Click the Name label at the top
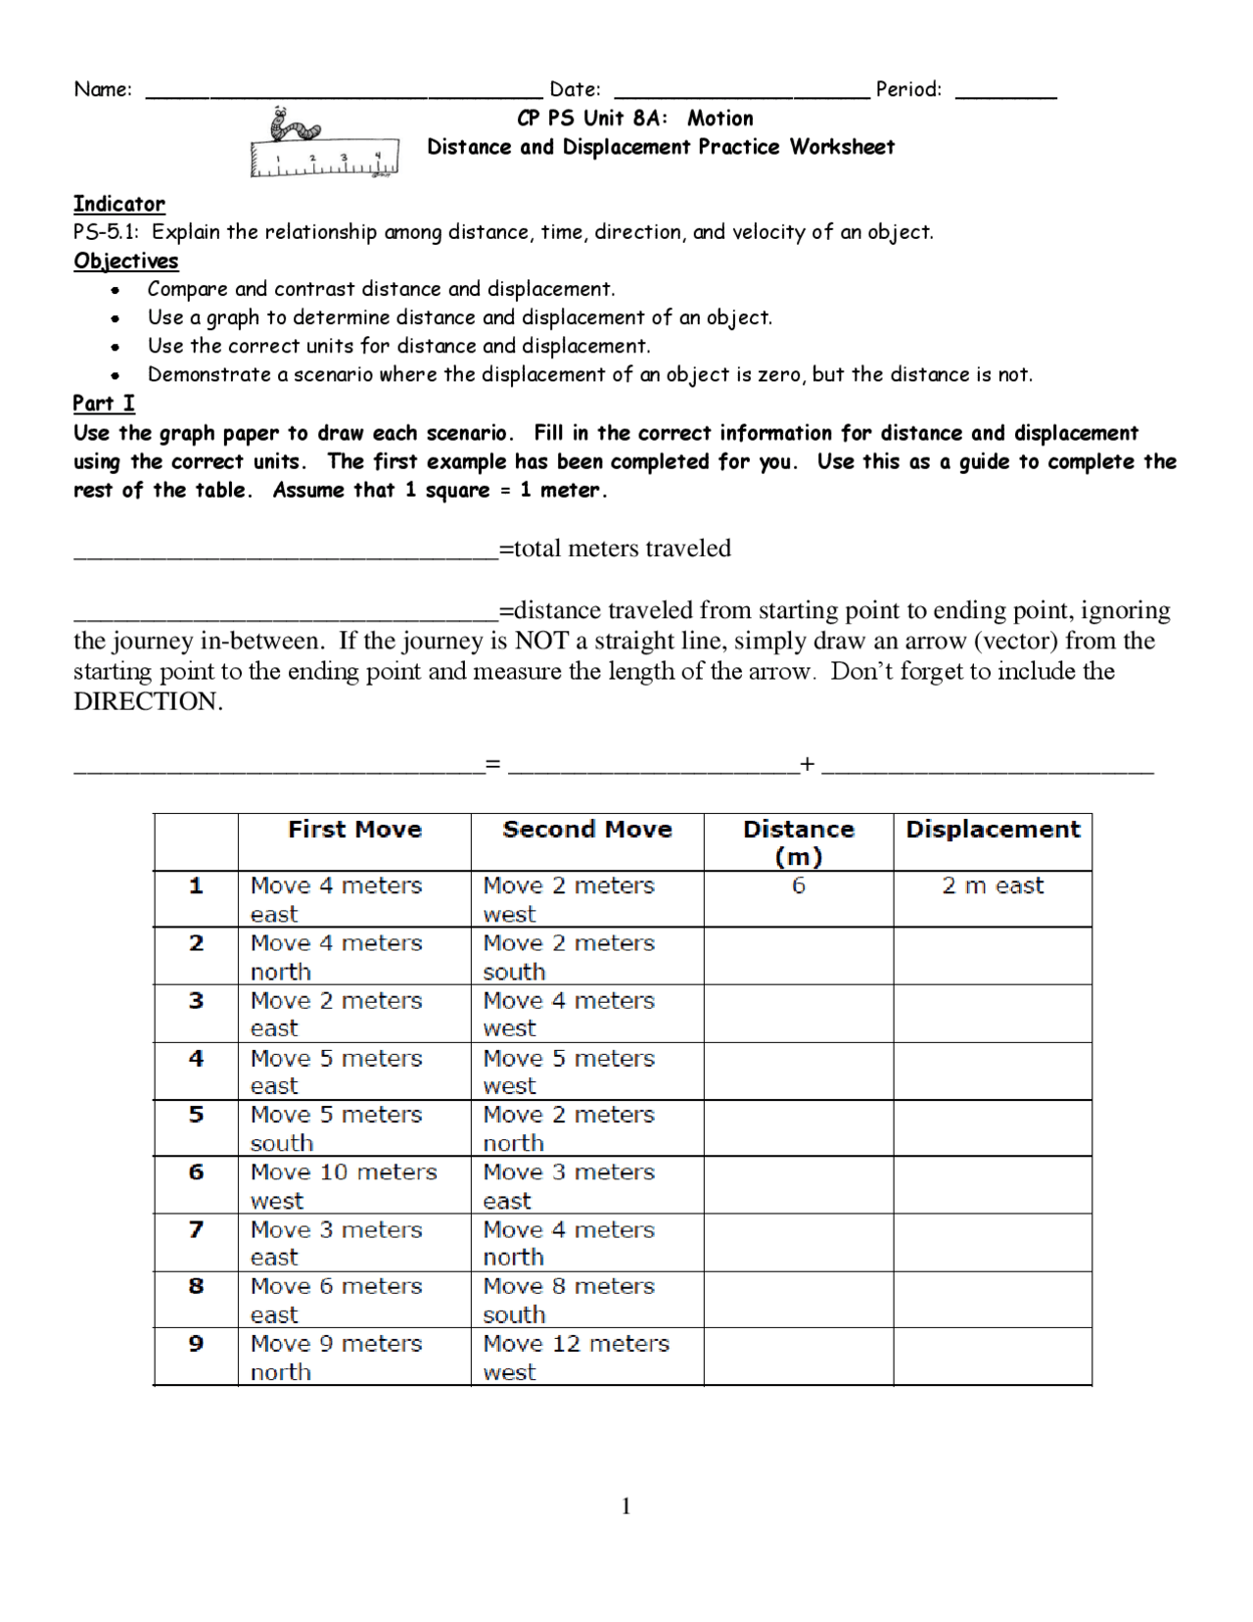103,89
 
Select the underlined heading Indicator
119,204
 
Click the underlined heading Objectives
126,261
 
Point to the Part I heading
104,404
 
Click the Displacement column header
992,830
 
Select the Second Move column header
586,830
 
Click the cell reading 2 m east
992,886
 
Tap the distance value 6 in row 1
798,886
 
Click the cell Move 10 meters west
353,1185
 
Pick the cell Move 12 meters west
586,1357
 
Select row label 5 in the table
196,1115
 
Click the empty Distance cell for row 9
798,1357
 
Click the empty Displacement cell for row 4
992,1071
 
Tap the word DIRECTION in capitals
148,702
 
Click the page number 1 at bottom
626,1506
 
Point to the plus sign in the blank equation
807,764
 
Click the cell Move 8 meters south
586,1300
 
